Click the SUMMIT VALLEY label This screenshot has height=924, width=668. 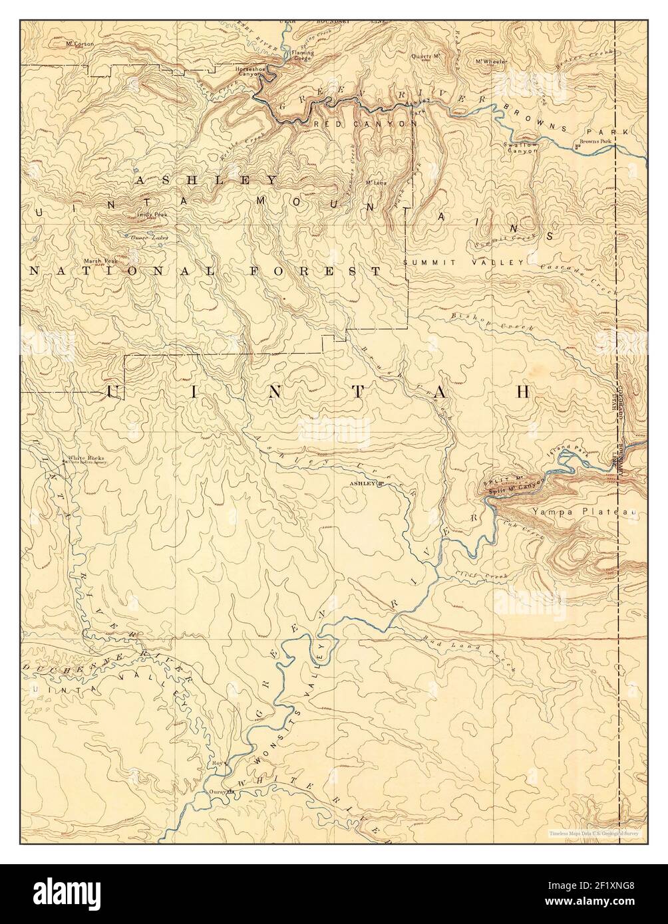(464, 263)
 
